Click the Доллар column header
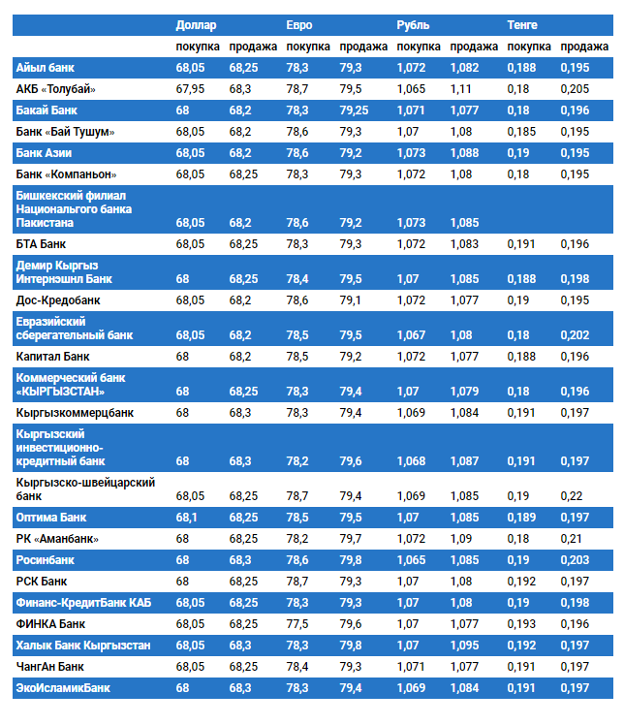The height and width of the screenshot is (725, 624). [196, 24]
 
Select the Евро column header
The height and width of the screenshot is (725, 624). [299, 24]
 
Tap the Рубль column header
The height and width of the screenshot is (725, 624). [413, 24]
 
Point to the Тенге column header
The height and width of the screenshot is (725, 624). [523, 24]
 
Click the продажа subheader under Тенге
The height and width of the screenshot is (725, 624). [585, 47]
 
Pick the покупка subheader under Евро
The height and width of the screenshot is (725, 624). [308, 47]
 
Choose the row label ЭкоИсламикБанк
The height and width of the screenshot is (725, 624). [63, 688]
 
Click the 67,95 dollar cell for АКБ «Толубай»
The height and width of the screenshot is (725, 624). [190, 89]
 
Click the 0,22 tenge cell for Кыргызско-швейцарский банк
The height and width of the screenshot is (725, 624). [572, 496]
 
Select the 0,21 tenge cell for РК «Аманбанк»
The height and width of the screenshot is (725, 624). [572, 539]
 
